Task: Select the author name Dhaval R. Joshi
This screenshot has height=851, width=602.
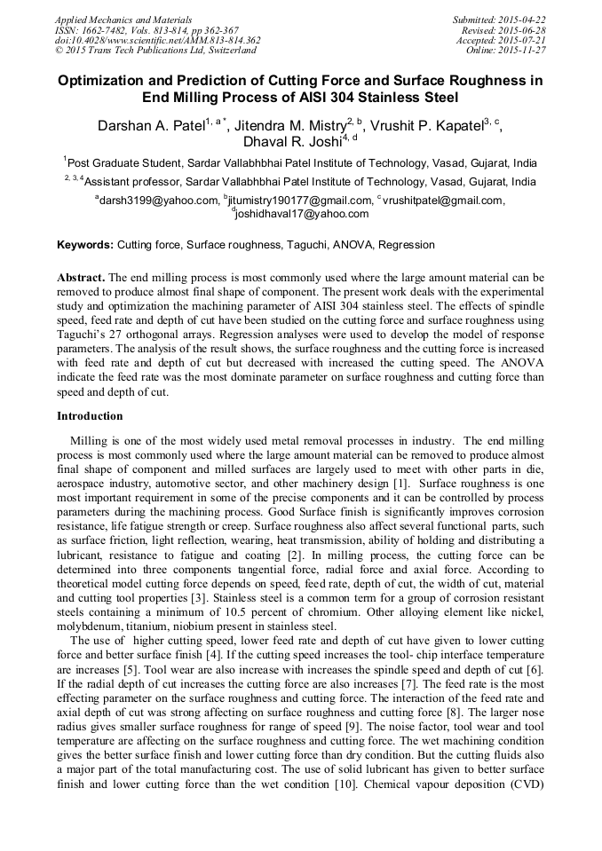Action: pos(293,142)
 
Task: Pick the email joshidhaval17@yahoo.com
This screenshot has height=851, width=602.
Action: pos(303,214)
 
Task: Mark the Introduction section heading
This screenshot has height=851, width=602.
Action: pos(90,416)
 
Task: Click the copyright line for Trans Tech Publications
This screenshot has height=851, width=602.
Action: pos(155,51)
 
